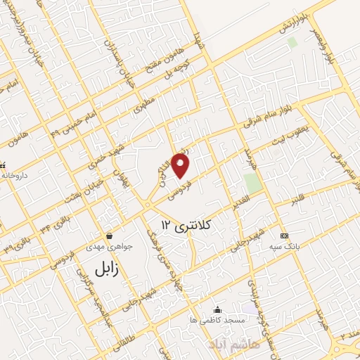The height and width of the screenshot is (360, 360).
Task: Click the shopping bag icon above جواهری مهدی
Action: point(109,236)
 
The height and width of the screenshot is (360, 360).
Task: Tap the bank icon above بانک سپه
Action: point(283,235)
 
